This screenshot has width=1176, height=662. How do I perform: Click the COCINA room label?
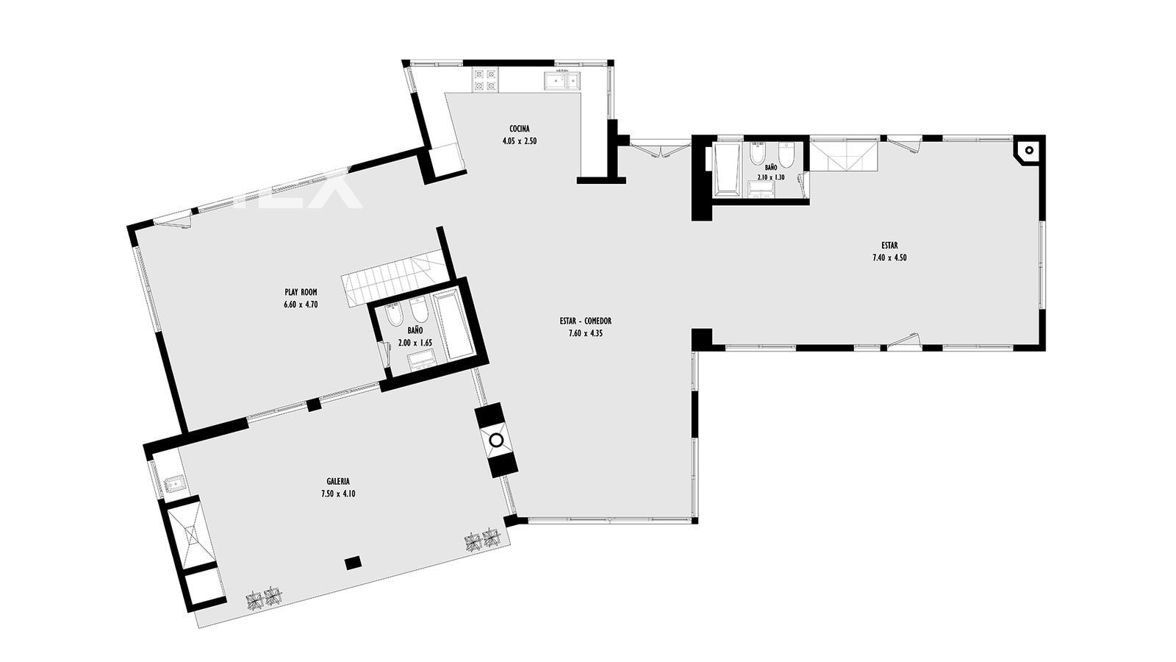pyautogui.click(x=519, y=129)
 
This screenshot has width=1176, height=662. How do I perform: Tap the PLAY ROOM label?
pyautogui.click(x=301, y=292)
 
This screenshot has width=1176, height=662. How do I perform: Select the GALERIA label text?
pyautogui.click(x=338, y=481)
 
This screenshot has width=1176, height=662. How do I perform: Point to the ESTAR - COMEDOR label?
pyautogui.click(x=585, y=321)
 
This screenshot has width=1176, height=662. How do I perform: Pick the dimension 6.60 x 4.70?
pyautogui.click(x=301, y=305)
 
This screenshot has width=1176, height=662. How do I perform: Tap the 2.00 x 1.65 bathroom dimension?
pyautogui.click(x=415, y=343)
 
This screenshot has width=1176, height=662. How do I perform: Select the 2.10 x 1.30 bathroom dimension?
pyautogui.click(x=771, y=177)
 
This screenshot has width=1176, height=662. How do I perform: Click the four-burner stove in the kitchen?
pyautogui.click(x=485, y=80)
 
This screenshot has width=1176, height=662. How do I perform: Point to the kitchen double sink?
pyautogui.click(x=562, y=81)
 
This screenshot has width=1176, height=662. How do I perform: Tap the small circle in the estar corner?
pyautogui.click(x=1029, y=150)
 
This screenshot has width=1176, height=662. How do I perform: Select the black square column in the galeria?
pyautogui.click(x=354, y=563)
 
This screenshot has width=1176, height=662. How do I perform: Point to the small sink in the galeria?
pyautogui.click(x=173, y=482)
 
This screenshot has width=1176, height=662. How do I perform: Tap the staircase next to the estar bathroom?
pyautogui.click(x=844, y=155)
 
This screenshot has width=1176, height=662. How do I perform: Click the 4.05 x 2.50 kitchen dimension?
pyautogui.click(x=519, y=141)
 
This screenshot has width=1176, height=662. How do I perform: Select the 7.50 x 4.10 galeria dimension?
pyautogui.click(x=338, y=494)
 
